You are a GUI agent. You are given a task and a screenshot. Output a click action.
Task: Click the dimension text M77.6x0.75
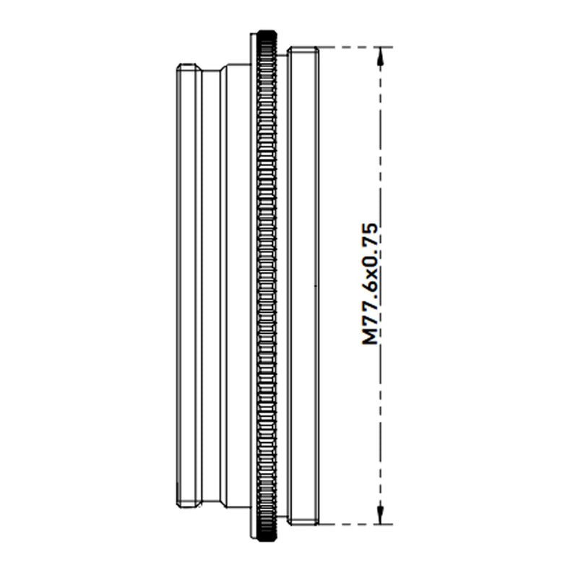pos(370,283)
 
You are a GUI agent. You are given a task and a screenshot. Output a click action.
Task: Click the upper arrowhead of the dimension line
pos(381,56)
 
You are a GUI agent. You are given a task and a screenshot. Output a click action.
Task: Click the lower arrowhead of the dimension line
pos(381,514)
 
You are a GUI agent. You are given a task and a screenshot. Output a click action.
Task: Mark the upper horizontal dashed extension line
pos(355,47)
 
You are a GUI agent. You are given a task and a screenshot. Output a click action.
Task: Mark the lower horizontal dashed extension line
pos(355,524)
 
